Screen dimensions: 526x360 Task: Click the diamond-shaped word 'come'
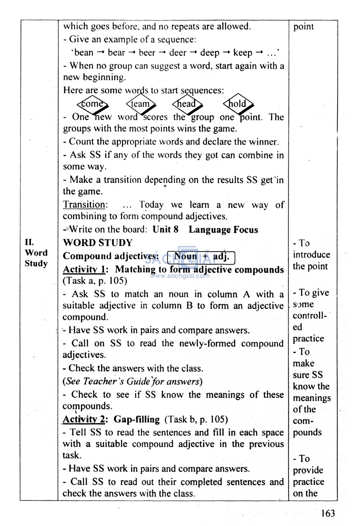pos(92,104)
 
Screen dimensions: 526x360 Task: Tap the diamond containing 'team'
pos(140,104)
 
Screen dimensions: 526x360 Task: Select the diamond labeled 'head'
pos(187,104)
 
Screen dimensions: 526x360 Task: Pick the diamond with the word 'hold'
pos(238,104)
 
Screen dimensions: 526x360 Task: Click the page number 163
pos(328,513)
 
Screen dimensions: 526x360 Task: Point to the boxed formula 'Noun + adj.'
pos(201,256)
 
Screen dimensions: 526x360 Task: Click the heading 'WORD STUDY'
pos(97,243)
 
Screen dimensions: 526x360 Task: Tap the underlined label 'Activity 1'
pos(84,270)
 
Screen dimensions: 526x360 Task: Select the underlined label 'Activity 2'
pos(84,419)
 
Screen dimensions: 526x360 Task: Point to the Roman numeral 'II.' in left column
pos(29,242)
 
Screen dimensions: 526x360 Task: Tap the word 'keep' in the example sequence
pos(243,53)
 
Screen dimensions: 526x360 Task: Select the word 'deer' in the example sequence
pos(178,53)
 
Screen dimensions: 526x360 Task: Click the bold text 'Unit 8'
pos(166,230)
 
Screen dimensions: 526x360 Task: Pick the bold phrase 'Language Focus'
pos(223,230)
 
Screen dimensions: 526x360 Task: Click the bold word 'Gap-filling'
pos(137,419)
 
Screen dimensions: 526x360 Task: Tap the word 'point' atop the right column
pos(303,27)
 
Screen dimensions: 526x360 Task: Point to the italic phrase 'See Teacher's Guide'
pos(104,381)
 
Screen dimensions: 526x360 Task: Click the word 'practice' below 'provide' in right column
pos(309,482)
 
